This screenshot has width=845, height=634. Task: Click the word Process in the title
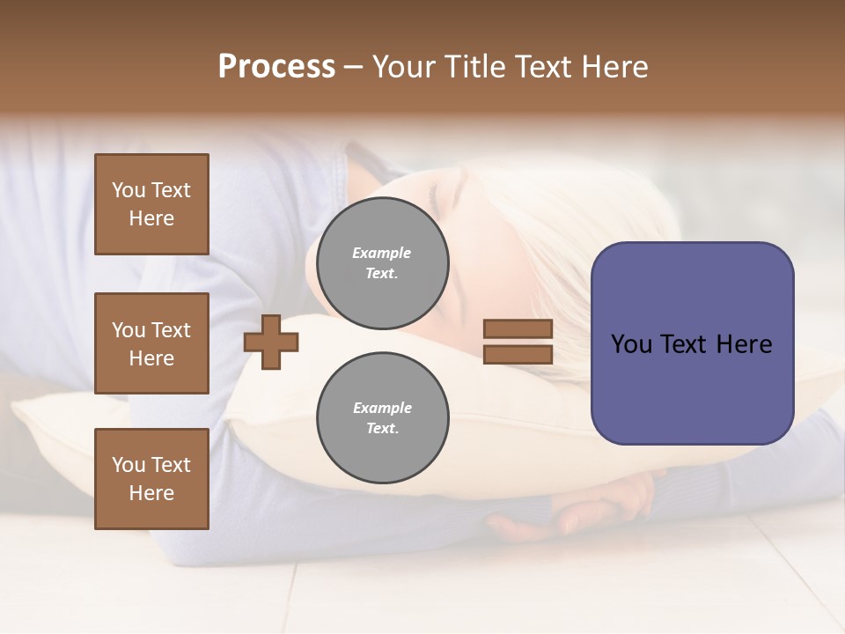coord(276,67)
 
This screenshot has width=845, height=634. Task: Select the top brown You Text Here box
coord(151,204)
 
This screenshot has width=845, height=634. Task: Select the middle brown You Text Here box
coord(151,343)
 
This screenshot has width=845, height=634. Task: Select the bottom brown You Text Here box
coord(151,479)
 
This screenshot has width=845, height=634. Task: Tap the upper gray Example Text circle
coord(382,263)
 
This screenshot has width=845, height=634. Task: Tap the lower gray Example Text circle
coord(382,418)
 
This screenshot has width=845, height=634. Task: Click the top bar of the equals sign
coord(518,329)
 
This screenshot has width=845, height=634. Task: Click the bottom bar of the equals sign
coord(518,354)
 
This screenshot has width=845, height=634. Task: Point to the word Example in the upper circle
coord(382,253)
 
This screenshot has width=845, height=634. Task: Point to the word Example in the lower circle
coord(382,408)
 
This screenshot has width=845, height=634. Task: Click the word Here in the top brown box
coord(151,218)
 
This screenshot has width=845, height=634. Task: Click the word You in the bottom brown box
coord(129,465)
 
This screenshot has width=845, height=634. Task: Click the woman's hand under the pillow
coord(599,502)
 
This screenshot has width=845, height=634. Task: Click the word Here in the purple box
coord(744,344)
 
